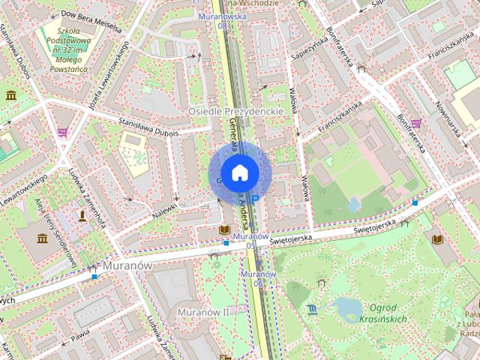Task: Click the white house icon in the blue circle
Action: pyautogui.click(x=239, y=172)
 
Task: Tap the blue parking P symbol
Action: pyautogui.click(x=256, y=199)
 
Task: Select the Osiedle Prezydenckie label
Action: pyautogui.click(x=234, y=111)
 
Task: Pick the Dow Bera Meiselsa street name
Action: pyautogui.click(x=90, y=16)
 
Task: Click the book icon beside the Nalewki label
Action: pyautogui.click(x=223, y=229)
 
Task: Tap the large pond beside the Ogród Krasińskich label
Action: pyautogui.click(x=346, y=307)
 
